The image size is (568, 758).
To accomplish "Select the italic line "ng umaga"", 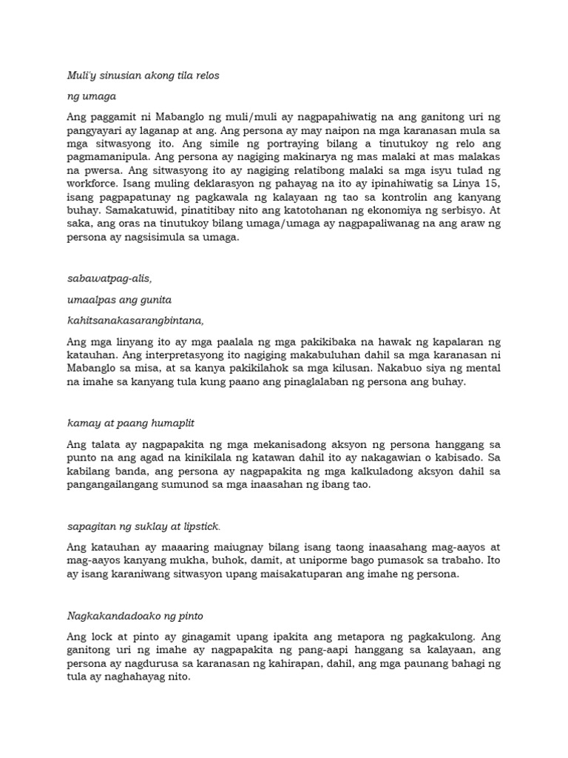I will click(92, 96).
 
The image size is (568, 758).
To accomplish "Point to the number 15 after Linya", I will click(493, 182).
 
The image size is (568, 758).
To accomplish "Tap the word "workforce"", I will click(94, 182).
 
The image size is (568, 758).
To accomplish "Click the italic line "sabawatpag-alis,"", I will click(110, 278).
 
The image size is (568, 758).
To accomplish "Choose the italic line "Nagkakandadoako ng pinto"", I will click(135, 615).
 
